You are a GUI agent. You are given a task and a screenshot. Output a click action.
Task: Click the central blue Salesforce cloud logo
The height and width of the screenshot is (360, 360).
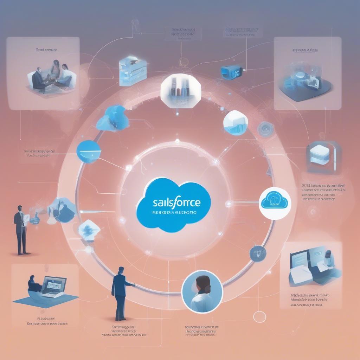tap(173, 204)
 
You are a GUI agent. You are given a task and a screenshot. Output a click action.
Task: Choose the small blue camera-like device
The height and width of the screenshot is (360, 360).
tap(230, 71)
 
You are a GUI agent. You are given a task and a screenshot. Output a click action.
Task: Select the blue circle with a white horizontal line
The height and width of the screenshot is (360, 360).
tap(89, 152)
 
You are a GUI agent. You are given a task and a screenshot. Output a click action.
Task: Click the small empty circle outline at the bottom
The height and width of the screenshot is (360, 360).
tap(259, 316)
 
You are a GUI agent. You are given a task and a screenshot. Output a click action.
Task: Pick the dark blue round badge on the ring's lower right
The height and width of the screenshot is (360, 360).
tap(258, 253)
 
